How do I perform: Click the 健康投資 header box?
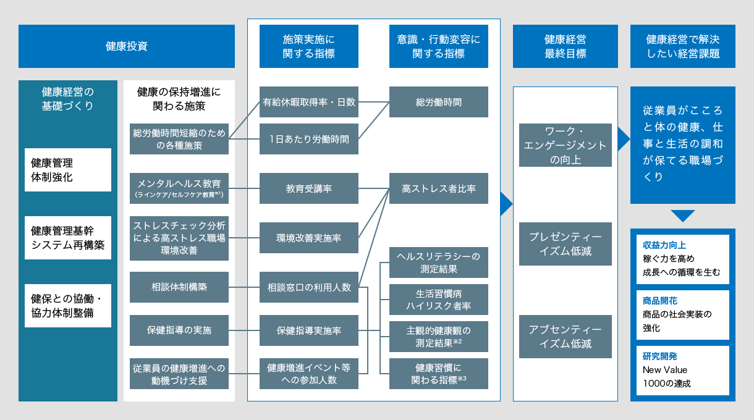coord(126,46)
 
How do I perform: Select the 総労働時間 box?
coord(438,102)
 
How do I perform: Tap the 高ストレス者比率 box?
coord(438,188)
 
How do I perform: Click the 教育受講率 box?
coord(308,188)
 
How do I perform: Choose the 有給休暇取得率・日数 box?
coord(308,102)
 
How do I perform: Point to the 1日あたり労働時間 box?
coord(308,139)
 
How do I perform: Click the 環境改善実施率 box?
coord(308,238)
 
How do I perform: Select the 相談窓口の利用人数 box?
coord(308,287)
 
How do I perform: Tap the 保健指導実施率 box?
coord(308,330)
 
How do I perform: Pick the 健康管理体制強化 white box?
coord(68,170)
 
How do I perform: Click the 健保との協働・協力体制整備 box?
coord(68,306)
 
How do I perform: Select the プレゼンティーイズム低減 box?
coord(565,244)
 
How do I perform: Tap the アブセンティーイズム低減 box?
coord(565,337)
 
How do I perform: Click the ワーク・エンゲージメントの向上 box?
coord(565,145)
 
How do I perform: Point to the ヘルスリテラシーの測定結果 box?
coord(438,262)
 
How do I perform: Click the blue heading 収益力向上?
coord(659,245)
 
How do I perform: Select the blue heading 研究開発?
coord(659,356)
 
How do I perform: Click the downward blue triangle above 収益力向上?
coord(682,216)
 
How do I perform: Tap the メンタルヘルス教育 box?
coord(179,188)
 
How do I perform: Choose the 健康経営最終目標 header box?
coord(565,46)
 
